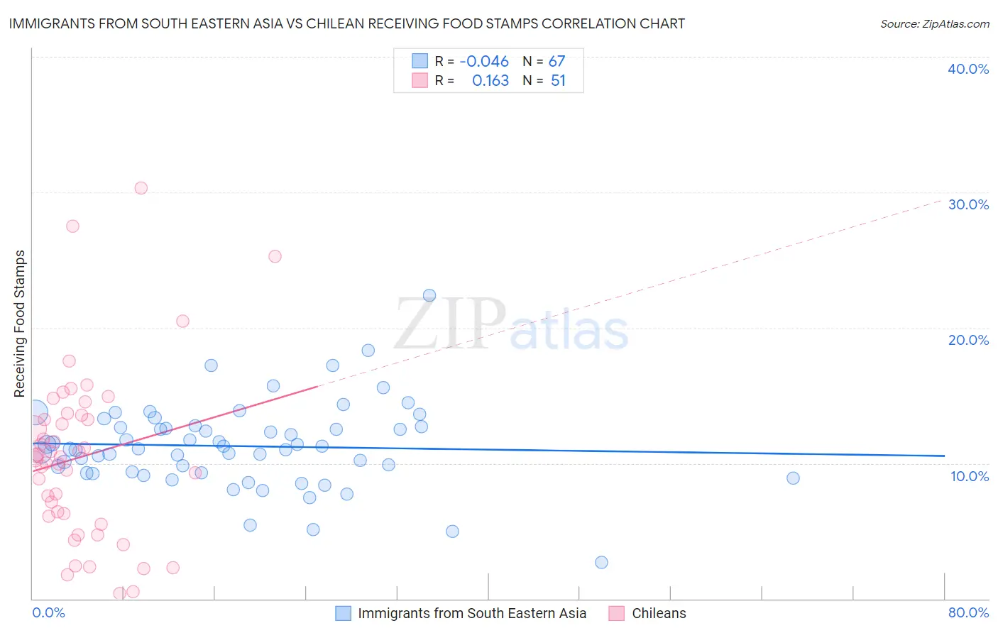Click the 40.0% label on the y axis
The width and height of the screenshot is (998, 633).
pyautogui.click(x=967, y=69)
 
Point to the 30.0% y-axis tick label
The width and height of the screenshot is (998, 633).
pyautogui.click(x=967, y=204)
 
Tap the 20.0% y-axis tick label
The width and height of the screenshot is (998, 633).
pyautogui.click(x=967, y=340)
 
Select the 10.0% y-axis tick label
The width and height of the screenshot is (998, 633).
pyautogui.click(x=969, y=476)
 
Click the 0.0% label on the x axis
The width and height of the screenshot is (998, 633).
pyautogui.click(x=48, y=612)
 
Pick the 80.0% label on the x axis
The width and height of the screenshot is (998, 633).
pyautogui.click(x=968, y=612)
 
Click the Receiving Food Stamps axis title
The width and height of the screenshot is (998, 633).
pyautogui.click(x=20, y=324)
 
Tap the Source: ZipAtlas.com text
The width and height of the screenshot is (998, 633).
pyautogui.click(x=934, y=24)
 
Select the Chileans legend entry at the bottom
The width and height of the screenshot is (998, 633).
pyautogui.click(x=659, y=613)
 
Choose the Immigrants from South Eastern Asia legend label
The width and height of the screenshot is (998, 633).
pyautogui.click(x=472, y=613)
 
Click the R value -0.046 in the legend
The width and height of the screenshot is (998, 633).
pyautogui.click(x=484, y=62)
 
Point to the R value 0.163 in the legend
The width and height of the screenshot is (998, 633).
pyautogui.click(x=490, y=81)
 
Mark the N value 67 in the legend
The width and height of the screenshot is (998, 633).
pyautogui.click(x=556, y=62)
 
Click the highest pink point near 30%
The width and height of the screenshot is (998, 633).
pyautogui.click(x=141, y=188)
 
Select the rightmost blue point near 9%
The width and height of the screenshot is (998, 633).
pyautogui.click(x=793, y=478)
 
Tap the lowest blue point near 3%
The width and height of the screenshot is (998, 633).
pyautogui.click(x=601, y=562)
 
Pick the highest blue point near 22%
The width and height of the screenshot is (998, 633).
pyautogui.click(x=429, y=295)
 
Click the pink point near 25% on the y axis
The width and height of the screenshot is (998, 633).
pyautogui.click(x=275, y=256)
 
